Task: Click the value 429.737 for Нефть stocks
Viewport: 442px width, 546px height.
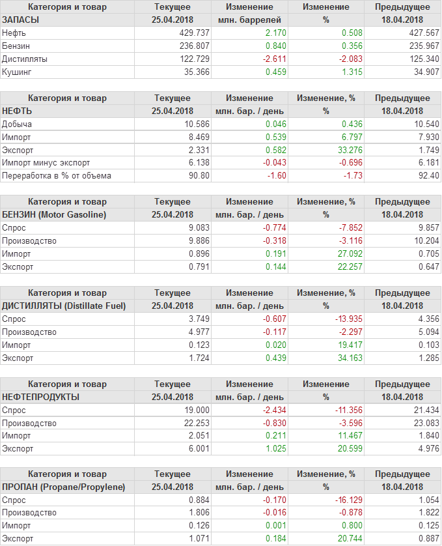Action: [x=195, y=33]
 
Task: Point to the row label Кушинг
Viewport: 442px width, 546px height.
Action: [x=17, y=72]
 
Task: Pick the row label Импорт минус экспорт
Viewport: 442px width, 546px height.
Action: [x=46, y=163]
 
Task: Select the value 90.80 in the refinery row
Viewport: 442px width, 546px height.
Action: [x=199, y=176]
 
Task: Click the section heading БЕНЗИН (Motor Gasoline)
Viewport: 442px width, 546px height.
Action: [x=54, y=214]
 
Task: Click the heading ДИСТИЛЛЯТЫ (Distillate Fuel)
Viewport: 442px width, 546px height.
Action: [x=64, y=306]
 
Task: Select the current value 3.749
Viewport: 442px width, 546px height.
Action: [x=199, y=319]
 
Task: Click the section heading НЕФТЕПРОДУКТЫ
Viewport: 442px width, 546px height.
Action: [x=40, y=397]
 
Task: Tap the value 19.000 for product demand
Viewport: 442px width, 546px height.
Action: [x=197, y=410]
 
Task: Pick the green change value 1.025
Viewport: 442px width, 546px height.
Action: [x=274, y=449]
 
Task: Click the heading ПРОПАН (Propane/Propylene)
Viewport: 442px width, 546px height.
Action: [x=63, y=487]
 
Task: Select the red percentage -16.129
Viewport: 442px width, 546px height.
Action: [x=338, y=500]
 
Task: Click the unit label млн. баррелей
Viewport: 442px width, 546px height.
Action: [x=249, y=20]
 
